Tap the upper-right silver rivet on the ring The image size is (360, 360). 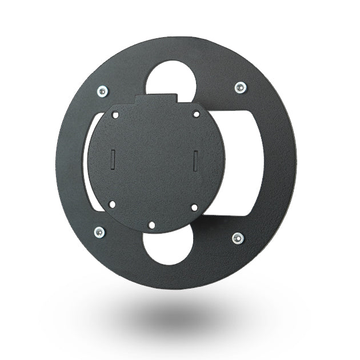240,87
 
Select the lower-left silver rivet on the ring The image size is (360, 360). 99,231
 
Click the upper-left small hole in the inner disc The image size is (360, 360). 116,115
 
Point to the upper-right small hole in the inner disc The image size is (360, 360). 196,114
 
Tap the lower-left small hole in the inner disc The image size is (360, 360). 112,203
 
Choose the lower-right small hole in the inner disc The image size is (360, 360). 194,207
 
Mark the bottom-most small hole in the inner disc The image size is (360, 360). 151,225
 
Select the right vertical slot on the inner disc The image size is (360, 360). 195,158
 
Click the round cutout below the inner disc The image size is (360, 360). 167,247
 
